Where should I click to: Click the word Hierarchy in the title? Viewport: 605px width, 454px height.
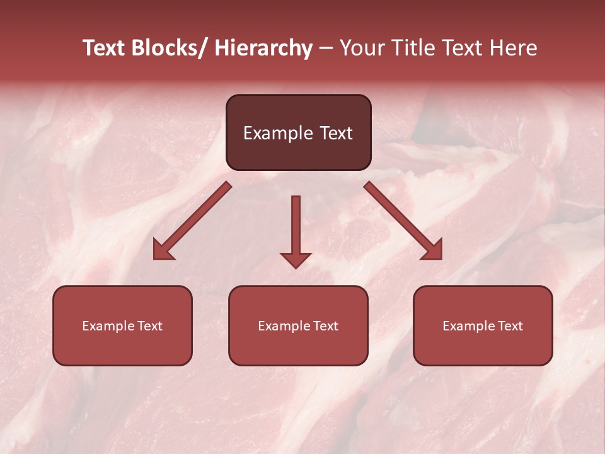point(263,49)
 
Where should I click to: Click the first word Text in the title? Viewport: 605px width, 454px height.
point(105,49)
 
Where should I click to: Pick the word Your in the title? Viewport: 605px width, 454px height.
point(361,49)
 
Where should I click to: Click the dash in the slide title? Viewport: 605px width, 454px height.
point(326,49)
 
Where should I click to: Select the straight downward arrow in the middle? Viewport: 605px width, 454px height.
point(296,227)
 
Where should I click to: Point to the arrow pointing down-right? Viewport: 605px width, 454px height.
point(403,221)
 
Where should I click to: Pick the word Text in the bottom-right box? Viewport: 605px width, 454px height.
point(510,326)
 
